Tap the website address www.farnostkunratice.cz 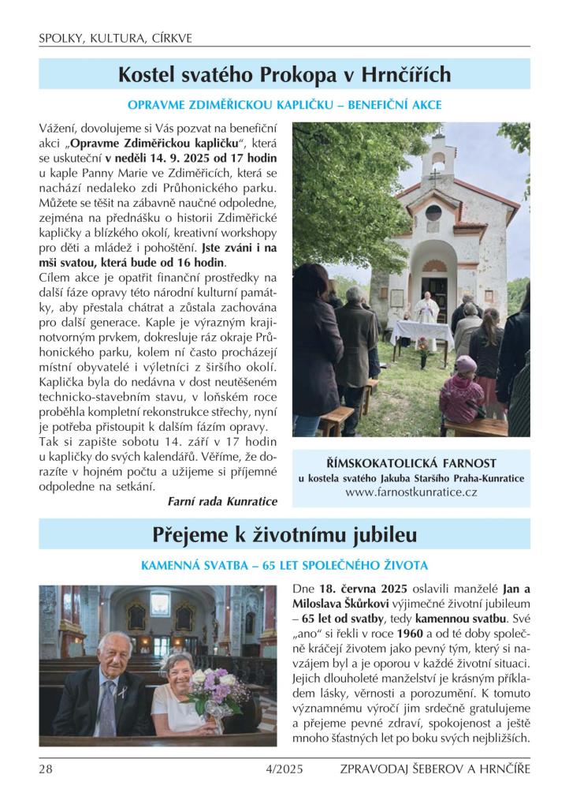coord(411,492)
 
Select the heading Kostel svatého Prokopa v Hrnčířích coord(284,75)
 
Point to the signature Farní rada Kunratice coord(223,501)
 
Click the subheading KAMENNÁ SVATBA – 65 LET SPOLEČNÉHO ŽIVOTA coord(284,566)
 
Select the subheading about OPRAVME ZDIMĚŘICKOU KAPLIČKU coord(284,104)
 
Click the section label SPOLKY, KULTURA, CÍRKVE coord(115,38)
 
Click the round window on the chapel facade coord(433,212)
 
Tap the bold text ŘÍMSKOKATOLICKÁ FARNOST coord(411,463)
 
